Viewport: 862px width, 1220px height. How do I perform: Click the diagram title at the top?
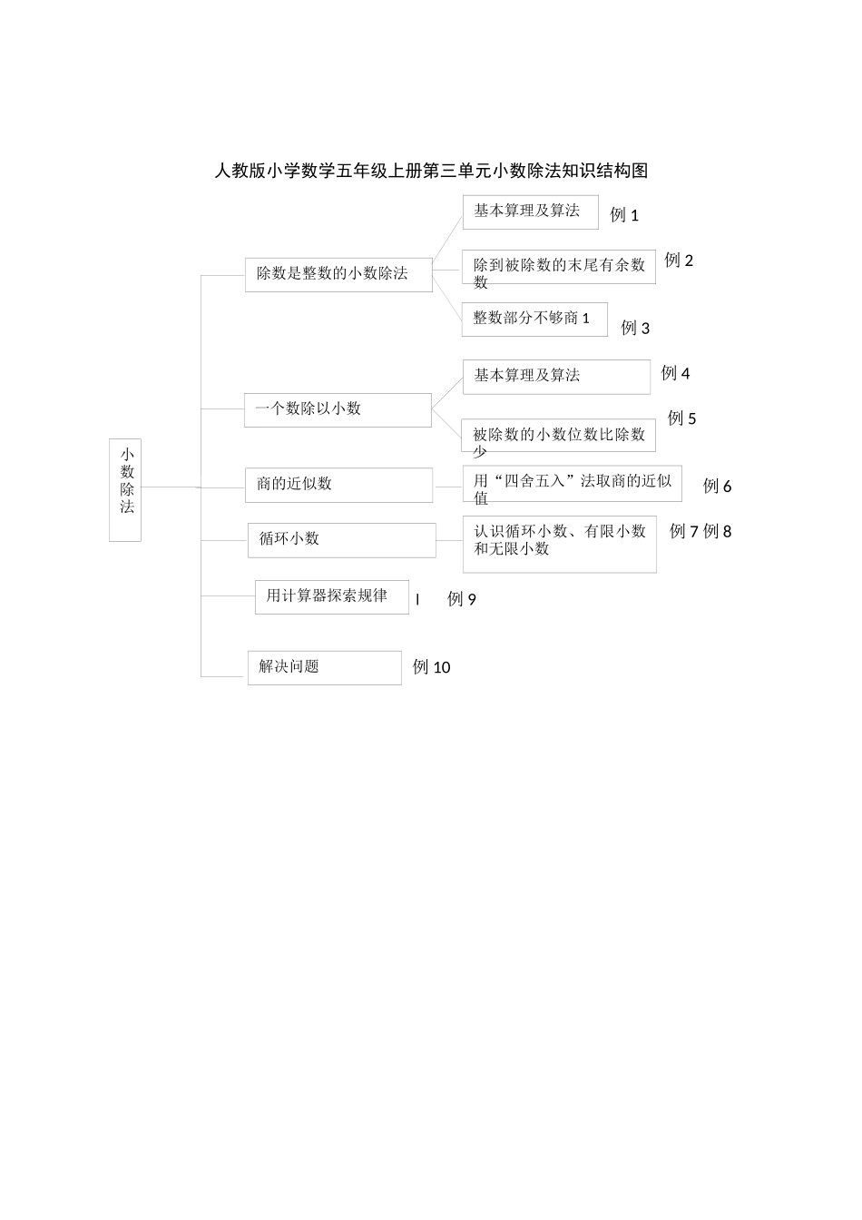pos(431,171)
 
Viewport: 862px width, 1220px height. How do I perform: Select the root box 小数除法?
pos(125,490)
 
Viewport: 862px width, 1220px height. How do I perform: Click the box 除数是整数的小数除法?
pos(338,274)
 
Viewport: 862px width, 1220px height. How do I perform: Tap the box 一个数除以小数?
pos(338,409)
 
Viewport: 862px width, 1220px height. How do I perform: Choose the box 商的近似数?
pos(338,485)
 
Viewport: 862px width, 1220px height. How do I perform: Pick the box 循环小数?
pos(341,540)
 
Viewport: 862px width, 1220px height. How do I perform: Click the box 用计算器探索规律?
pos(331,597)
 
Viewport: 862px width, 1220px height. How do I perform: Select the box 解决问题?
pos(324,667)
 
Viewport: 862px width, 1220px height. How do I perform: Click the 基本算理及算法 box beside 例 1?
pos(530,212)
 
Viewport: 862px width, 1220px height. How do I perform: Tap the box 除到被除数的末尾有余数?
pos(558,268)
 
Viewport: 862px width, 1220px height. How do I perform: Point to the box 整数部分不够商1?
pos(534,319)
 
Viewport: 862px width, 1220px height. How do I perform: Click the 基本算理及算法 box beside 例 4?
pos(556,377)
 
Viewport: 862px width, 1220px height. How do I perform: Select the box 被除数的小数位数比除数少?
pos(558,437)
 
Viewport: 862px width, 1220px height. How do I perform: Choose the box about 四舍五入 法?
pos(572,484)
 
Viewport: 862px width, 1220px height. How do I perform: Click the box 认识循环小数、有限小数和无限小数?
pos(559,544)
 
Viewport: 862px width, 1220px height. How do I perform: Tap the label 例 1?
pos(624,216)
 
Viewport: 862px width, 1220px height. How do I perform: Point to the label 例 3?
pos(635,329)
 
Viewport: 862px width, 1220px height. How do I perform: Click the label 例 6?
pos(717,487)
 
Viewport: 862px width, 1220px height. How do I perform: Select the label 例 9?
pos(462,599)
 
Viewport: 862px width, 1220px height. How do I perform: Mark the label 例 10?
pos(431,667)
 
